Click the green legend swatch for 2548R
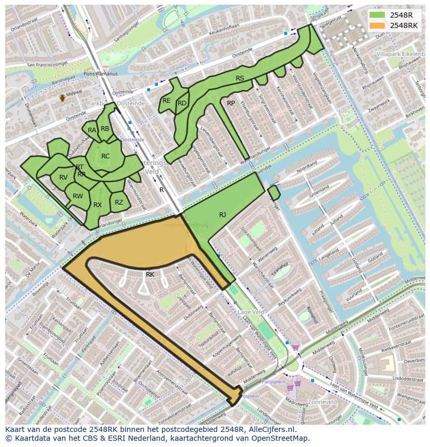378,15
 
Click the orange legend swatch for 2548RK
378,25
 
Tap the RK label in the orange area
150,274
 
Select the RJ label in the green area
222,214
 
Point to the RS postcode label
240,78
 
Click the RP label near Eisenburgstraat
231,103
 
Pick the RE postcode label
167,101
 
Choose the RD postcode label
182,103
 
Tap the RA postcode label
92,130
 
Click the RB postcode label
105,129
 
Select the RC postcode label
105,156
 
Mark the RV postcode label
63,178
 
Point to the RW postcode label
78,196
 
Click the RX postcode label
98,205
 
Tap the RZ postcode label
119,202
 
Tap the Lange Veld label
251,312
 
